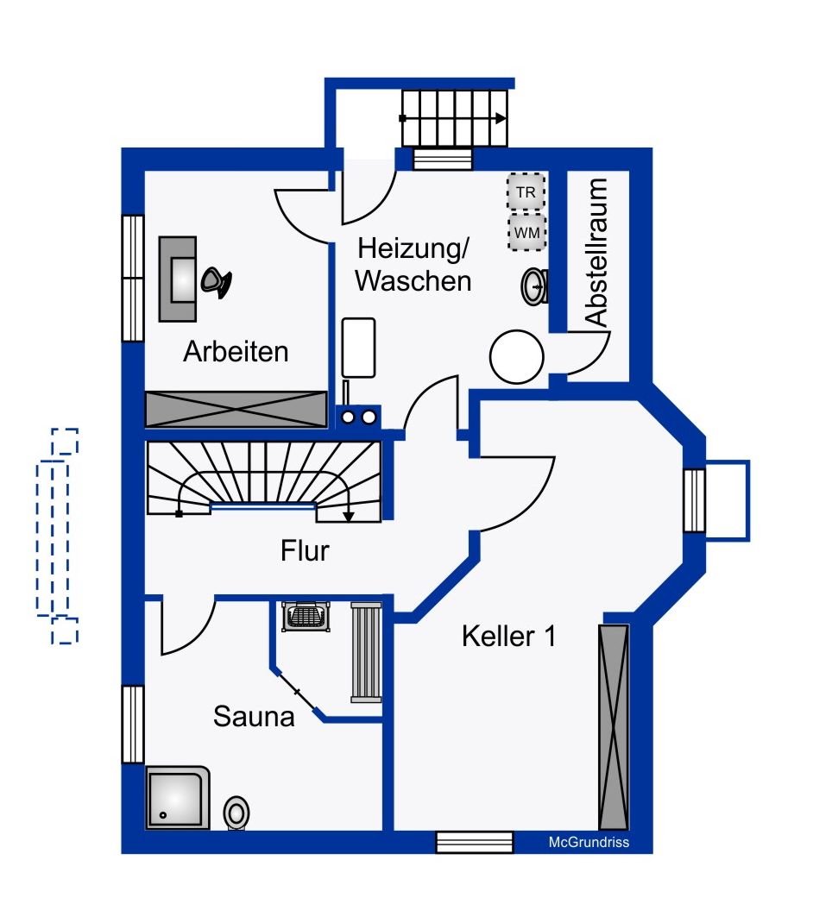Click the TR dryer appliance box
coord(526,191)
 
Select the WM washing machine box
coord(527,232)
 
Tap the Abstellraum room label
coord(596,253)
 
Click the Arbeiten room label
coord(236,352)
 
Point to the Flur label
coord(305,551)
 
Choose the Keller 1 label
coord(508,637)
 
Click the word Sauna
coord(254,716)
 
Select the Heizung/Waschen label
coord(413,265)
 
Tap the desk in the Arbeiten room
coord(178,279)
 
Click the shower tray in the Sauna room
coord(178,798)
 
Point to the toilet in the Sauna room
coord(236,813)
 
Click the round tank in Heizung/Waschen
coord(516,357)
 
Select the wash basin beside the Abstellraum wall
coord(534,286)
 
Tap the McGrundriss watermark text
coord(589,842)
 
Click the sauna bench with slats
coord(367,652)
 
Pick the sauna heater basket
coord(306,617)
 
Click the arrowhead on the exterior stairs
coord(501,118)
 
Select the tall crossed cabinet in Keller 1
coord(614,727)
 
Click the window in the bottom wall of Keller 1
coord(475,842)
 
